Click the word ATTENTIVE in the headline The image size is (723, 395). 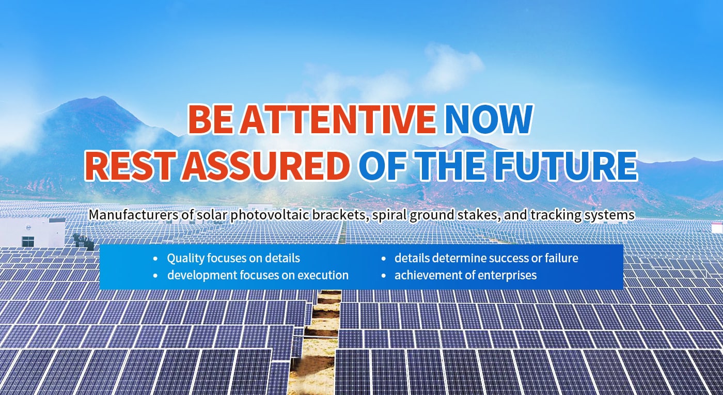[337, 119]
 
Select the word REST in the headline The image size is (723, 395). [130, 166]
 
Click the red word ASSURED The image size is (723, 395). [265, 166]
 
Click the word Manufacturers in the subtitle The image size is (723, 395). [133, 215]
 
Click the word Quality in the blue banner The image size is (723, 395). [185, 259]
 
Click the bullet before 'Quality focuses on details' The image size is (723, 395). [156, 259]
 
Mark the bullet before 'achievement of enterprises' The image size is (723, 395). [384, 276]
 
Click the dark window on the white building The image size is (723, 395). [28, 242]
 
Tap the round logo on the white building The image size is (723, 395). [29, 228]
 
